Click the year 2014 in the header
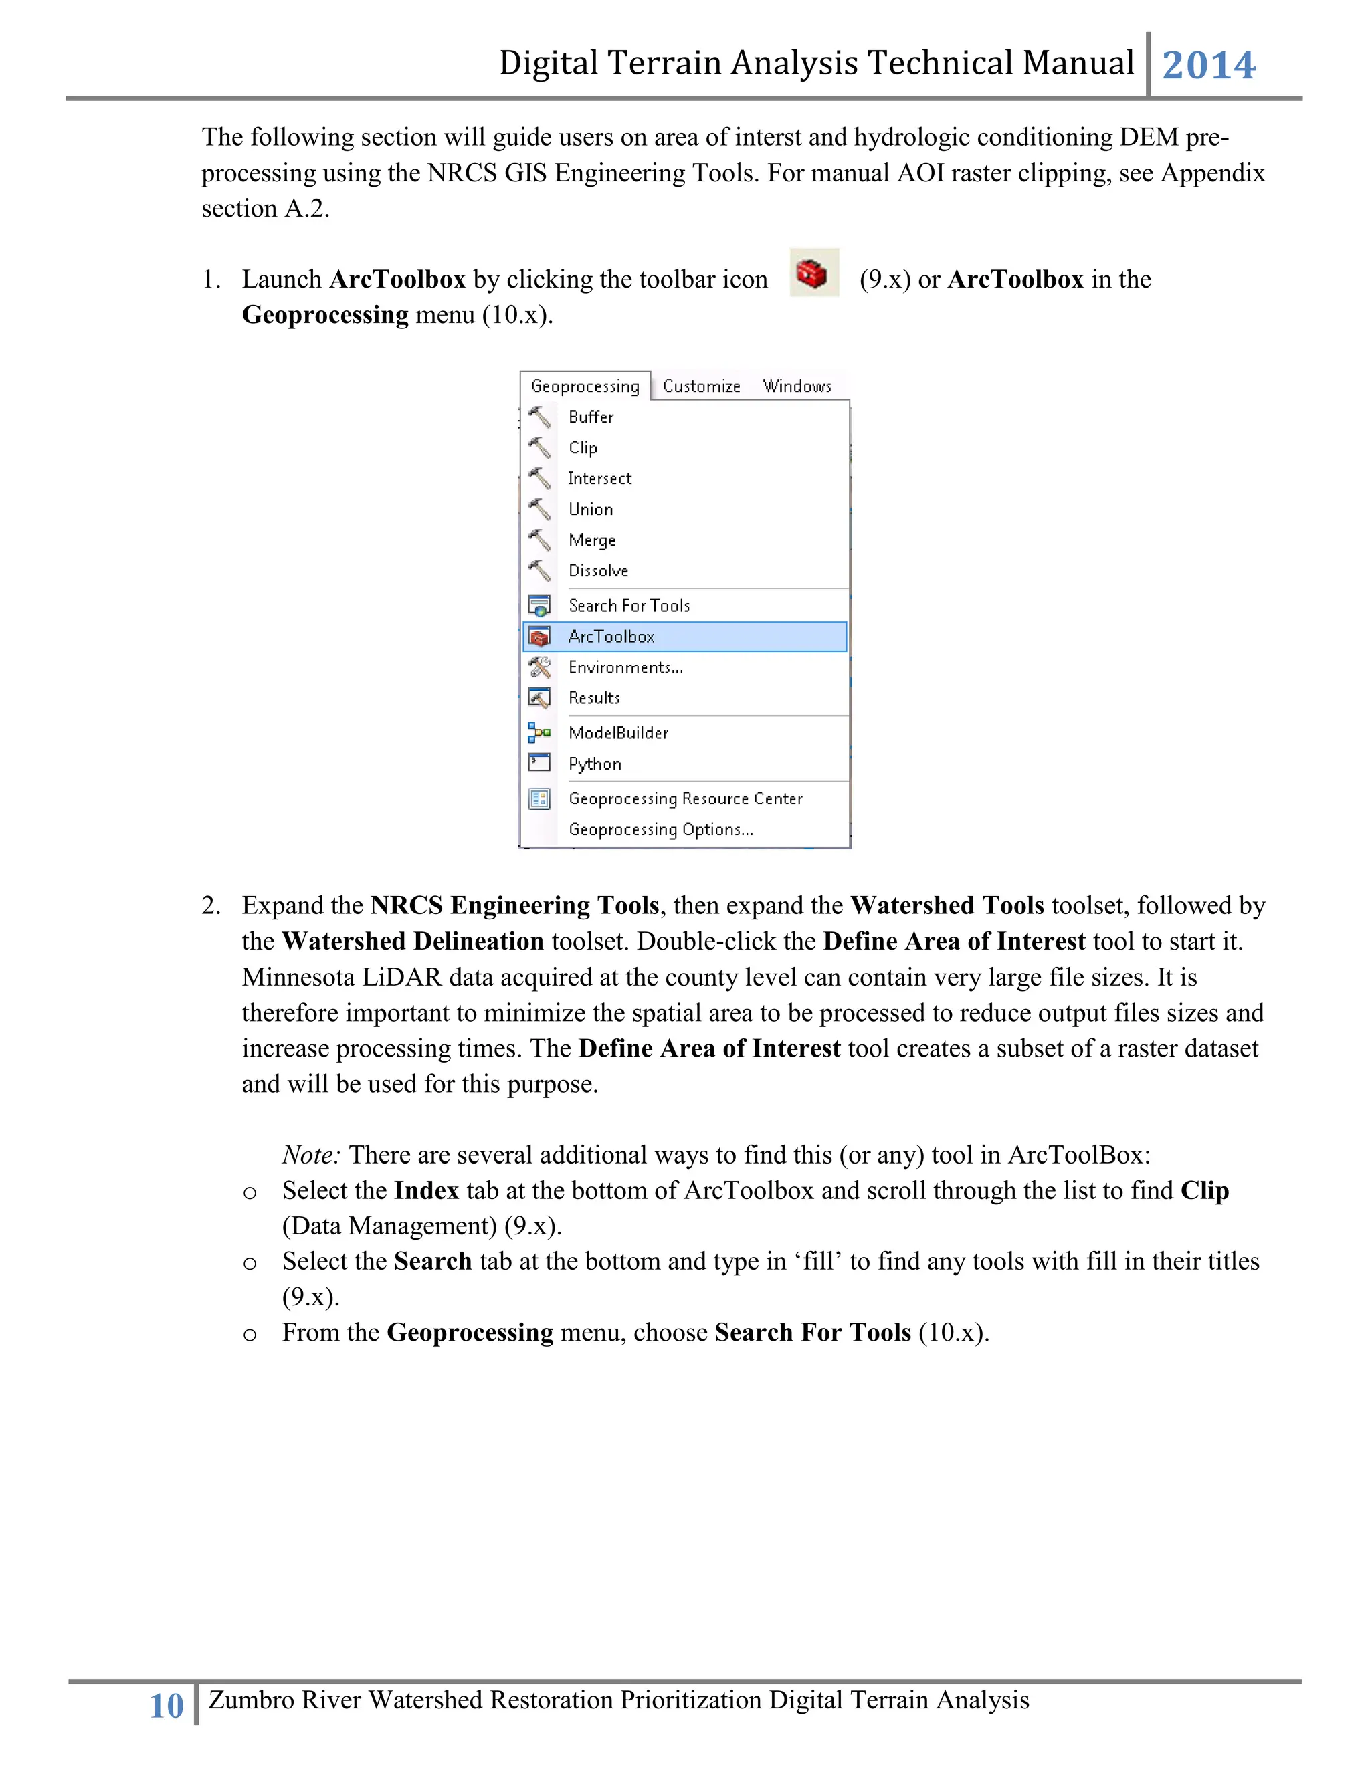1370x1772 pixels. pyautogui.click(x=1209, y=65)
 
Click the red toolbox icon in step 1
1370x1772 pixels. pyautogui.click(x=813, y=273)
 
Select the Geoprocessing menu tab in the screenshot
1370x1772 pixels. pyautogui.click(x=585, y=386)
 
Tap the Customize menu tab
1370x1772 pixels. pyautogui.click(x=701, y=386)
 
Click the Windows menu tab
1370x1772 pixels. pyautogui.click(x=797, y=386)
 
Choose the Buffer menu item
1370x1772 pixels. pyautogui.click(x=591, y=417)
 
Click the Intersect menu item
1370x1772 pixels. pyautogui.click(x=600, y=479)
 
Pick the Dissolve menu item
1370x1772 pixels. pyautogui.click(x=598, y=571)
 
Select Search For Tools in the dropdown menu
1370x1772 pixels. pyautogui.click(x=629, y=606)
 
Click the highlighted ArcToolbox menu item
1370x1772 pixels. pyautogui.click(x=611, y=637)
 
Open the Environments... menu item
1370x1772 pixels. pyautogui.click(x=625, y=668)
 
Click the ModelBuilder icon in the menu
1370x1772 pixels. pyautogui.click(x=539, y=734)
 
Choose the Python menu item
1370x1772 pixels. pyautogui.click(x=595, y=764)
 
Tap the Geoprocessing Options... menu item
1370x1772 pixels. pyautogui.click(x=661, y=830)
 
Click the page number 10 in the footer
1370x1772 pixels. pyautogui.click(x=167, y=1706)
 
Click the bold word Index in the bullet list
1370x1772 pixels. pyautogui.click(x=427, y=1191)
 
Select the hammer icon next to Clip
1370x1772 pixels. pyautogui.click(x=539, y=448)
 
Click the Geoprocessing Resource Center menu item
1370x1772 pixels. pyautogui.click(x=685, y=799)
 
